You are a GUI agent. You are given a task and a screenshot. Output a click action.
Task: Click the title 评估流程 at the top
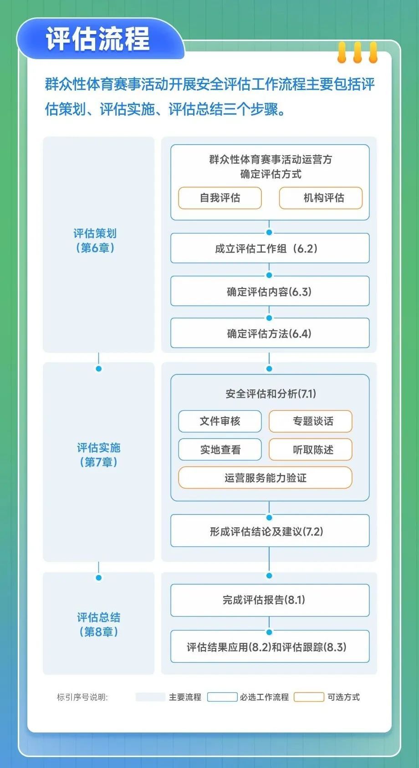pyautogui.click(x=98, y=38)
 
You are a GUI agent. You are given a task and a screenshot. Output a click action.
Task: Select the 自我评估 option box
pyautogui.click(x=220, y=198)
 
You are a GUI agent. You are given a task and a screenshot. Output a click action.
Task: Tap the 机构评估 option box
pyautogui.click(x=321, y=198)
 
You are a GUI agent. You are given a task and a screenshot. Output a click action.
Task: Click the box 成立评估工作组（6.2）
pyautogui.click(x=270, y=248)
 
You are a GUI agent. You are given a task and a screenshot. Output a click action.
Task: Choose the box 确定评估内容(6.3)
pyautogui.click(x=270, y=291)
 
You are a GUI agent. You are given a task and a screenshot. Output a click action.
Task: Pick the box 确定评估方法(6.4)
pyautogui.click(x=270, y=333)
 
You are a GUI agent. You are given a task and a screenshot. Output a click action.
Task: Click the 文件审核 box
pyautogui.click(x=220, y=421)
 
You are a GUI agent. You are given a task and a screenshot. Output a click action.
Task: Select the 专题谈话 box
pyautogui.click(x=311, y=421)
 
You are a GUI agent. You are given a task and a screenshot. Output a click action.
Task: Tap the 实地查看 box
pyautogui.click(x=220, y=449)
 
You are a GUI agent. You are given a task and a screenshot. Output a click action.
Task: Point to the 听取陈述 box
pyautogui.click(x=311, y=449)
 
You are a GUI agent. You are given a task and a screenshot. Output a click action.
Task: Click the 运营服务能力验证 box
pyautogui.click(x=265, y=477)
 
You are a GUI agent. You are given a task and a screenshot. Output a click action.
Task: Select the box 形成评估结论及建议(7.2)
pyautogui.click(x=270, y=531)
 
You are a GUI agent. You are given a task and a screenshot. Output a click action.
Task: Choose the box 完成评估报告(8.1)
pyautogui.click(x=270, y=600)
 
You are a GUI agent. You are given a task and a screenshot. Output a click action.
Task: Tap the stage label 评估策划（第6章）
pyautogui.click(x=95, y=240)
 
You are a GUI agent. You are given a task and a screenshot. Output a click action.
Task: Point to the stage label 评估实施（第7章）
pyautogui.click(x=98, y=455)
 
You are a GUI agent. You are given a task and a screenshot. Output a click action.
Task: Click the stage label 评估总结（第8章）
pyautogui.click(x=98, y=624)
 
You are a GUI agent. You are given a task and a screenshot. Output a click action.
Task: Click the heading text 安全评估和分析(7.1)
pyautogui.click(x=271, y=394)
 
